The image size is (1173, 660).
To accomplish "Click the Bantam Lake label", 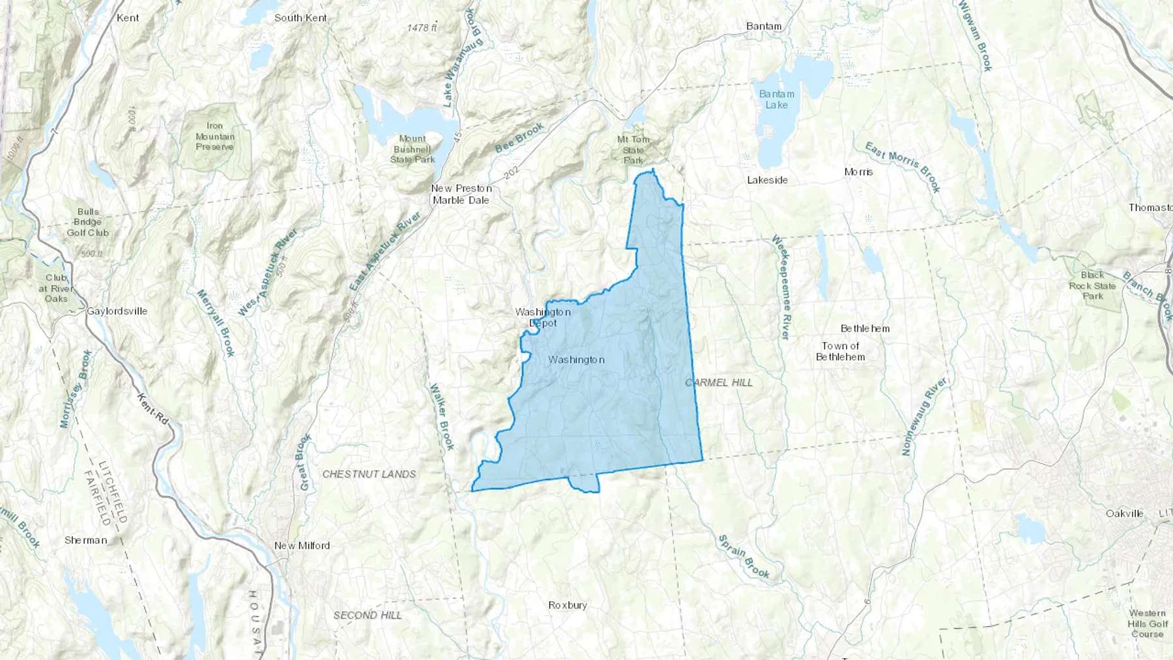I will tap(776, 100).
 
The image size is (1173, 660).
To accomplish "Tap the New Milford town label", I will tap(302, 545).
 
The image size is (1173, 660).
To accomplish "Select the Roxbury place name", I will tap(568, 605).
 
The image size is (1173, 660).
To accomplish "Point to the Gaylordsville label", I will tap(117, 311).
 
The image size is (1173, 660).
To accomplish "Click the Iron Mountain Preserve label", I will tap(214, 136).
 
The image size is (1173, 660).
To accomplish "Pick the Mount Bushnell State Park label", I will tap(413, 149).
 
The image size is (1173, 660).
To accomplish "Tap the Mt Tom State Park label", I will tap(633, 150).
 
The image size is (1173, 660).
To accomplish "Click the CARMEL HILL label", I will tap(719, 382).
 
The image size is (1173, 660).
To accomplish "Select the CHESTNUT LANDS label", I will tap(369, 474).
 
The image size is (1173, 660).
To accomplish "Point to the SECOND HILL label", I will tap(368, 615).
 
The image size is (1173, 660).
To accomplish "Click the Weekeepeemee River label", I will tap(781, 287).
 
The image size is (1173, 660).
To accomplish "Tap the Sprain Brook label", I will tap(744, 556).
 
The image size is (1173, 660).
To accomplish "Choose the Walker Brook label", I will tap(441, 417).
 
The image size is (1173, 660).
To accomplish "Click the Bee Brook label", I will tap(519, 138).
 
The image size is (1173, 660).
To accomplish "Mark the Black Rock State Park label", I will tap(1093, 285).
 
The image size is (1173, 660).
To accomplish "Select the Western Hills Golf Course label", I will tap(1148, 624).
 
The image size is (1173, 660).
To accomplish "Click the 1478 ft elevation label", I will tap(422, 28).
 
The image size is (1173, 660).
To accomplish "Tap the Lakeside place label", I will tap(767, 180).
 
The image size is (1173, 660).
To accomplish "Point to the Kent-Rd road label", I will tap(153, 409).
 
